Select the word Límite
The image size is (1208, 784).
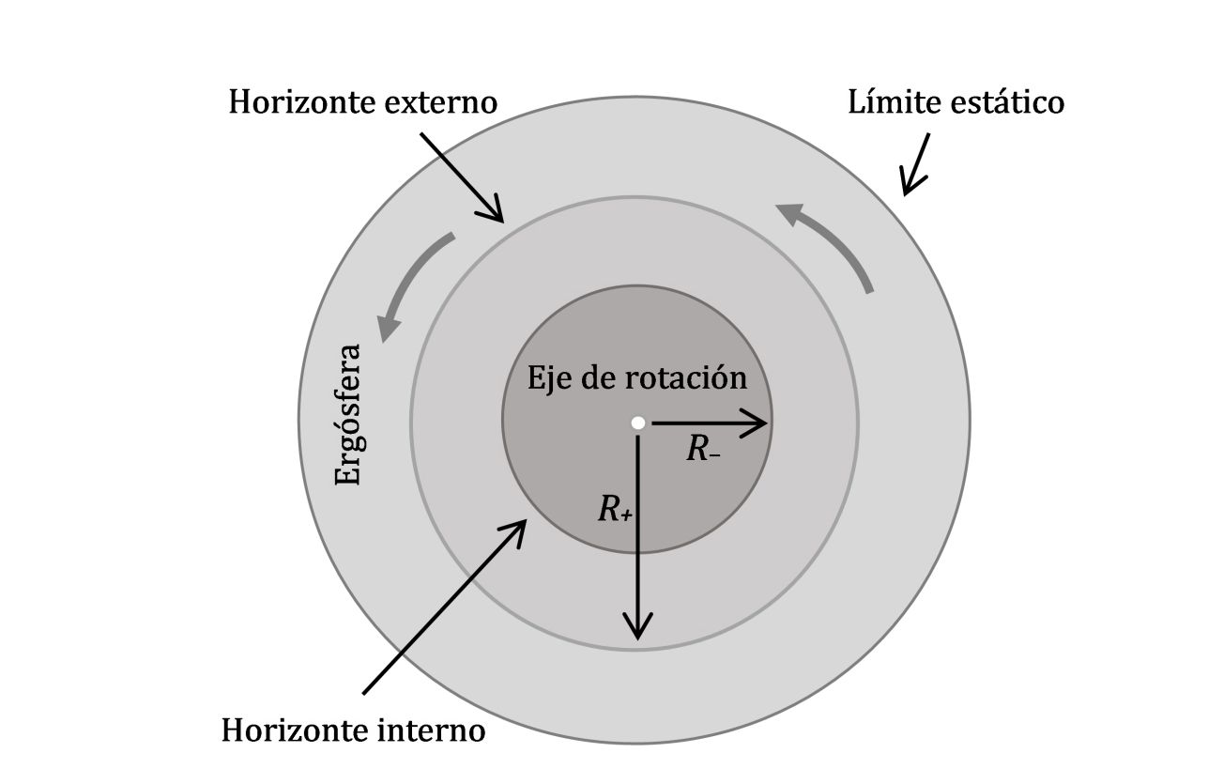tap(892, 101)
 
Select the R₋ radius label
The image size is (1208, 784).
tap(703, 451)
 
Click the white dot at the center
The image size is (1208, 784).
tap(637, 423)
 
